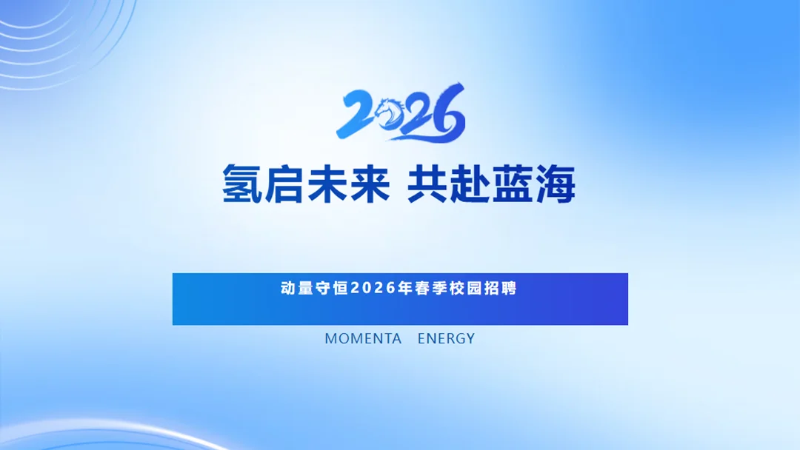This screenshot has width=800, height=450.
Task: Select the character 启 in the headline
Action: pyautogui.click(x=284, y=184)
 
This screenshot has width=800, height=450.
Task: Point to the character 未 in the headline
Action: pyautogui.click(x=327, y=184)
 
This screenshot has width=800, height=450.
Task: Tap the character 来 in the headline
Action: pyautogui.click(x=369, y=184)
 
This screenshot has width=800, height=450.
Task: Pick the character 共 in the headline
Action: pyautogui.click(x=428, y=184)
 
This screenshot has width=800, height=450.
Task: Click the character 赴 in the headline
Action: pyautogui.click(x=470, y=184)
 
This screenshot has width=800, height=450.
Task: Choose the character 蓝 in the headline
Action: pyautogui.click(x=513, y=184)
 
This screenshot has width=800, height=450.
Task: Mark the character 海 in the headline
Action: pyautogui.click(x=555, y=184)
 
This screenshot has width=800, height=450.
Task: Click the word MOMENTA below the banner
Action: pyautogui.click(x=363, y=339)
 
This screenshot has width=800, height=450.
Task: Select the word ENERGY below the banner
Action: pyautogui.click(x=446, y=339)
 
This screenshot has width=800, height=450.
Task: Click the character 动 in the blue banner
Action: pyautogui.click(x=287, y=288)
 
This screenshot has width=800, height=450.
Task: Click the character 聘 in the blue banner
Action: pyautogui.click(x=508, y=288)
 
